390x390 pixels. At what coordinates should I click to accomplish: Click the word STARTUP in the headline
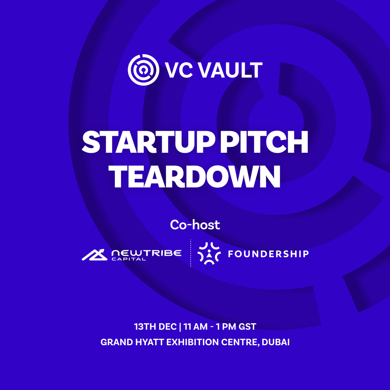click(148, 142)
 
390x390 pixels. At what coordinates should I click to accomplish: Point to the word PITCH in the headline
click(264, 142)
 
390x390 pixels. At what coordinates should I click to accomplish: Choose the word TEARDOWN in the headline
click(195, 177)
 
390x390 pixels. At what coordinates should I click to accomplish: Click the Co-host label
click(195, 225)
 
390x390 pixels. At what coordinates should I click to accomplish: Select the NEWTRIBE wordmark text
click(147, 253)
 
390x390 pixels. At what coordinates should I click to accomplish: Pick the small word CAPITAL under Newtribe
click(129, 259)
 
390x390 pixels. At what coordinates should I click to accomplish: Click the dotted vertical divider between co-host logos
click(191, 253)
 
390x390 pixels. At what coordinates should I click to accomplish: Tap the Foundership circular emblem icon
click(209, 253)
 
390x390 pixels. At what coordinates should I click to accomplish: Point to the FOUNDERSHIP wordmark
click(268, 254)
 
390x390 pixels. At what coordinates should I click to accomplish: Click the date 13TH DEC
click(155, 326)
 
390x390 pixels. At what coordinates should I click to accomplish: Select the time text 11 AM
click(195, 326)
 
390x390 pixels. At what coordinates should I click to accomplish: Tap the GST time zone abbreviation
click(247, 326)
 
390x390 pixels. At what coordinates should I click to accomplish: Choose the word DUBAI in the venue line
click(276, 342)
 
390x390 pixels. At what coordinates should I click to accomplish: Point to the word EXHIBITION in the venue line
click(192, 342)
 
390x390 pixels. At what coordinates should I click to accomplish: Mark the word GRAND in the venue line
click(117, 342)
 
